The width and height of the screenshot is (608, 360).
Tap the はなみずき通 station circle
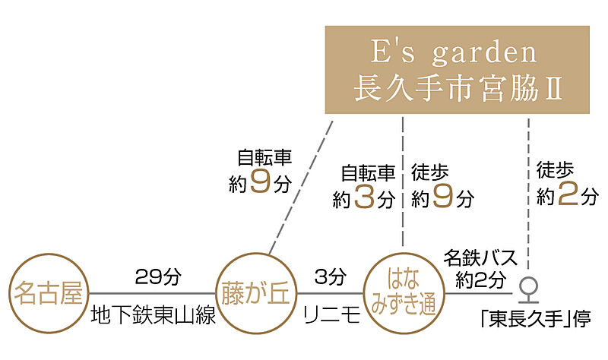[x=404, y=253]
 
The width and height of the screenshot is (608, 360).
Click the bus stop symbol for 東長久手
[x=528, y=290]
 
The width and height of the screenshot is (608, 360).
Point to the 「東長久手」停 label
[x=536, y=319]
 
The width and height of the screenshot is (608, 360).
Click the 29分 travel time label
[x=158, y=276]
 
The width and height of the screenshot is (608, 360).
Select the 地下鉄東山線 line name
[x=154, y=314]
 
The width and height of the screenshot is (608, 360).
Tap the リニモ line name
[x=331, y=314]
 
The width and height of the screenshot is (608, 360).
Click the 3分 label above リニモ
[x=331, y=276]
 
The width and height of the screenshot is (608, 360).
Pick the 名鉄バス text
[x=480, y=257]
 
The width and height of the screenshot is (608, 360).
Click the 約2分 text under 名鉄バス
[x=481, y=279]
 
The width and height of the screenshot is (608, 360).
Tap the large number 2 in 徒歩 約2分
[x=568, y=194]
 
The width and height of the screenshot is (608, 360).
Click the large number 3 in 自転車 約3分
[x=365, y=197]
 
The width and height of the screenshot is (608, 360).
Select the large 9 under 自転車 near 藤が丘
[x=260, y=181]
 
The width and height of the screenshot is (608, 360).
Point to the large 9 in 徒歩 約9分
[x=443, y=196]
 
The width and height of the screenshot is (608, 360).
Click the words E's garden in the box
[x=454, y=52]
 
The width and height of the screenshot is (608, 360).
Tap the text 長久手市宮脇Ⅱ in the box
[x=458, y=88]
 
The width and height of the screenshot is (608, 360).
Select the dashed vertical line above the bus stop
[x=528, y=194]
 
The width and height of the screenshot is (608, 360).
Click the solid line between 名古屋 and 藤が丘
[x=152, y=293]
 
